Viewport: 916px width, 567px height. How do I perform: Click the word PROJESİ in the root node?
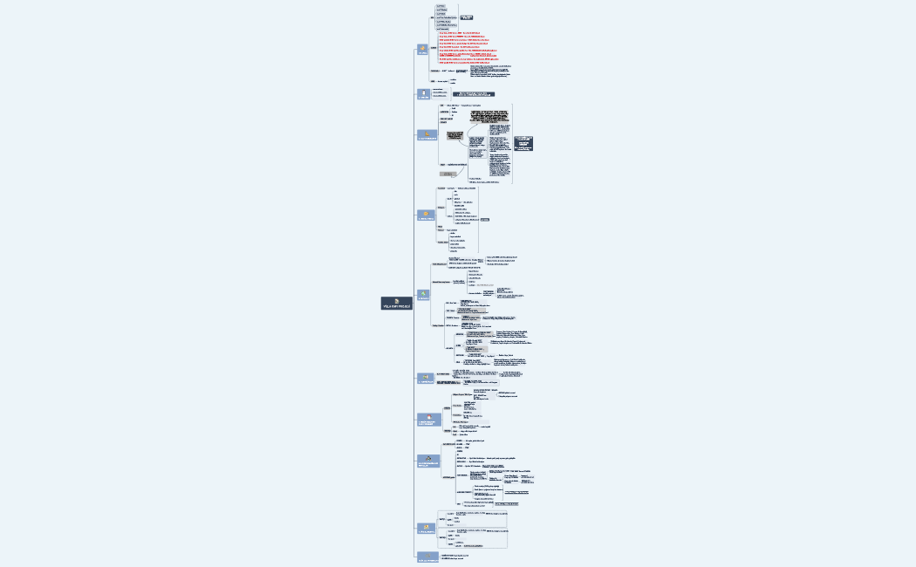tap(404, 307)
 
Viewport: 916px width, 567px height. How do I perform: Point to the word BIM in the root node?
tap(394, 307)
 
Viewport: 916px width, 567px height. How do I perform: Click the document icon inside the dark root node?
tap(397, 300)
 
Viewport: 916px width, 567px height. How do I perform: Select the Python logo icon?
tap(423, 48)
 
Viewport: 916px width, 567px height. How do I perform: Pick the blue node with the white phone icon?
tap(424, 93)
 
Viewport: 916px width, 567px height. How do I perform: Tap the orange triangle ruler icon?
tap(427, 134)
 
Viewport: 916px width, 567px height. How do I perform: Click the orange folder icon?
tap(427, 214)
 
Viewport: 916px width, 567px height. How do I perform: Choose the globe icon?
tap(424, 293)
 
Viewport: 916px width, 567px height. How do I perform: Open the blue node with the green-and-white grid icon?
tap(427, 379)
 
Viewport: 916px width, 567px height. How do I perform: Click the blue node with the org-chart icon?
tap(427, 459)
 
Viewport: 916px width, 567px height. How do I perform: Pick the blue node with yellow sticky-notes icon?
tap(427, 527)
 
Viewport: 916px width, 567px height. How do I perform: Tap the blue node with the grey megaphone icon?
tap(427, 556)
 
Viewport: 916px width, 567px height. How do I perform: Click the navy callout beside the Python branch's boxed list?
tap(466, 17)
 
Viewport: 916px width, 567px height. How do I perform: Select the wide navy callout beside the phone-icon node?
tap(473, 93)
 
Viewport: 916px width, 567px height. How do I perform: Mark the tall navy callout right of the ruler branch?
tap(523, 143)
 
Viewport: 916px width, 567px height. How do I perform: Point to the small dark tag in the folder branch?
tap(484, 220)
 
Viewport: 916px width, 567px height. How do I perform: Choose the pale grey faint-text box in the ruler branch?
tap(447, 174)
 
